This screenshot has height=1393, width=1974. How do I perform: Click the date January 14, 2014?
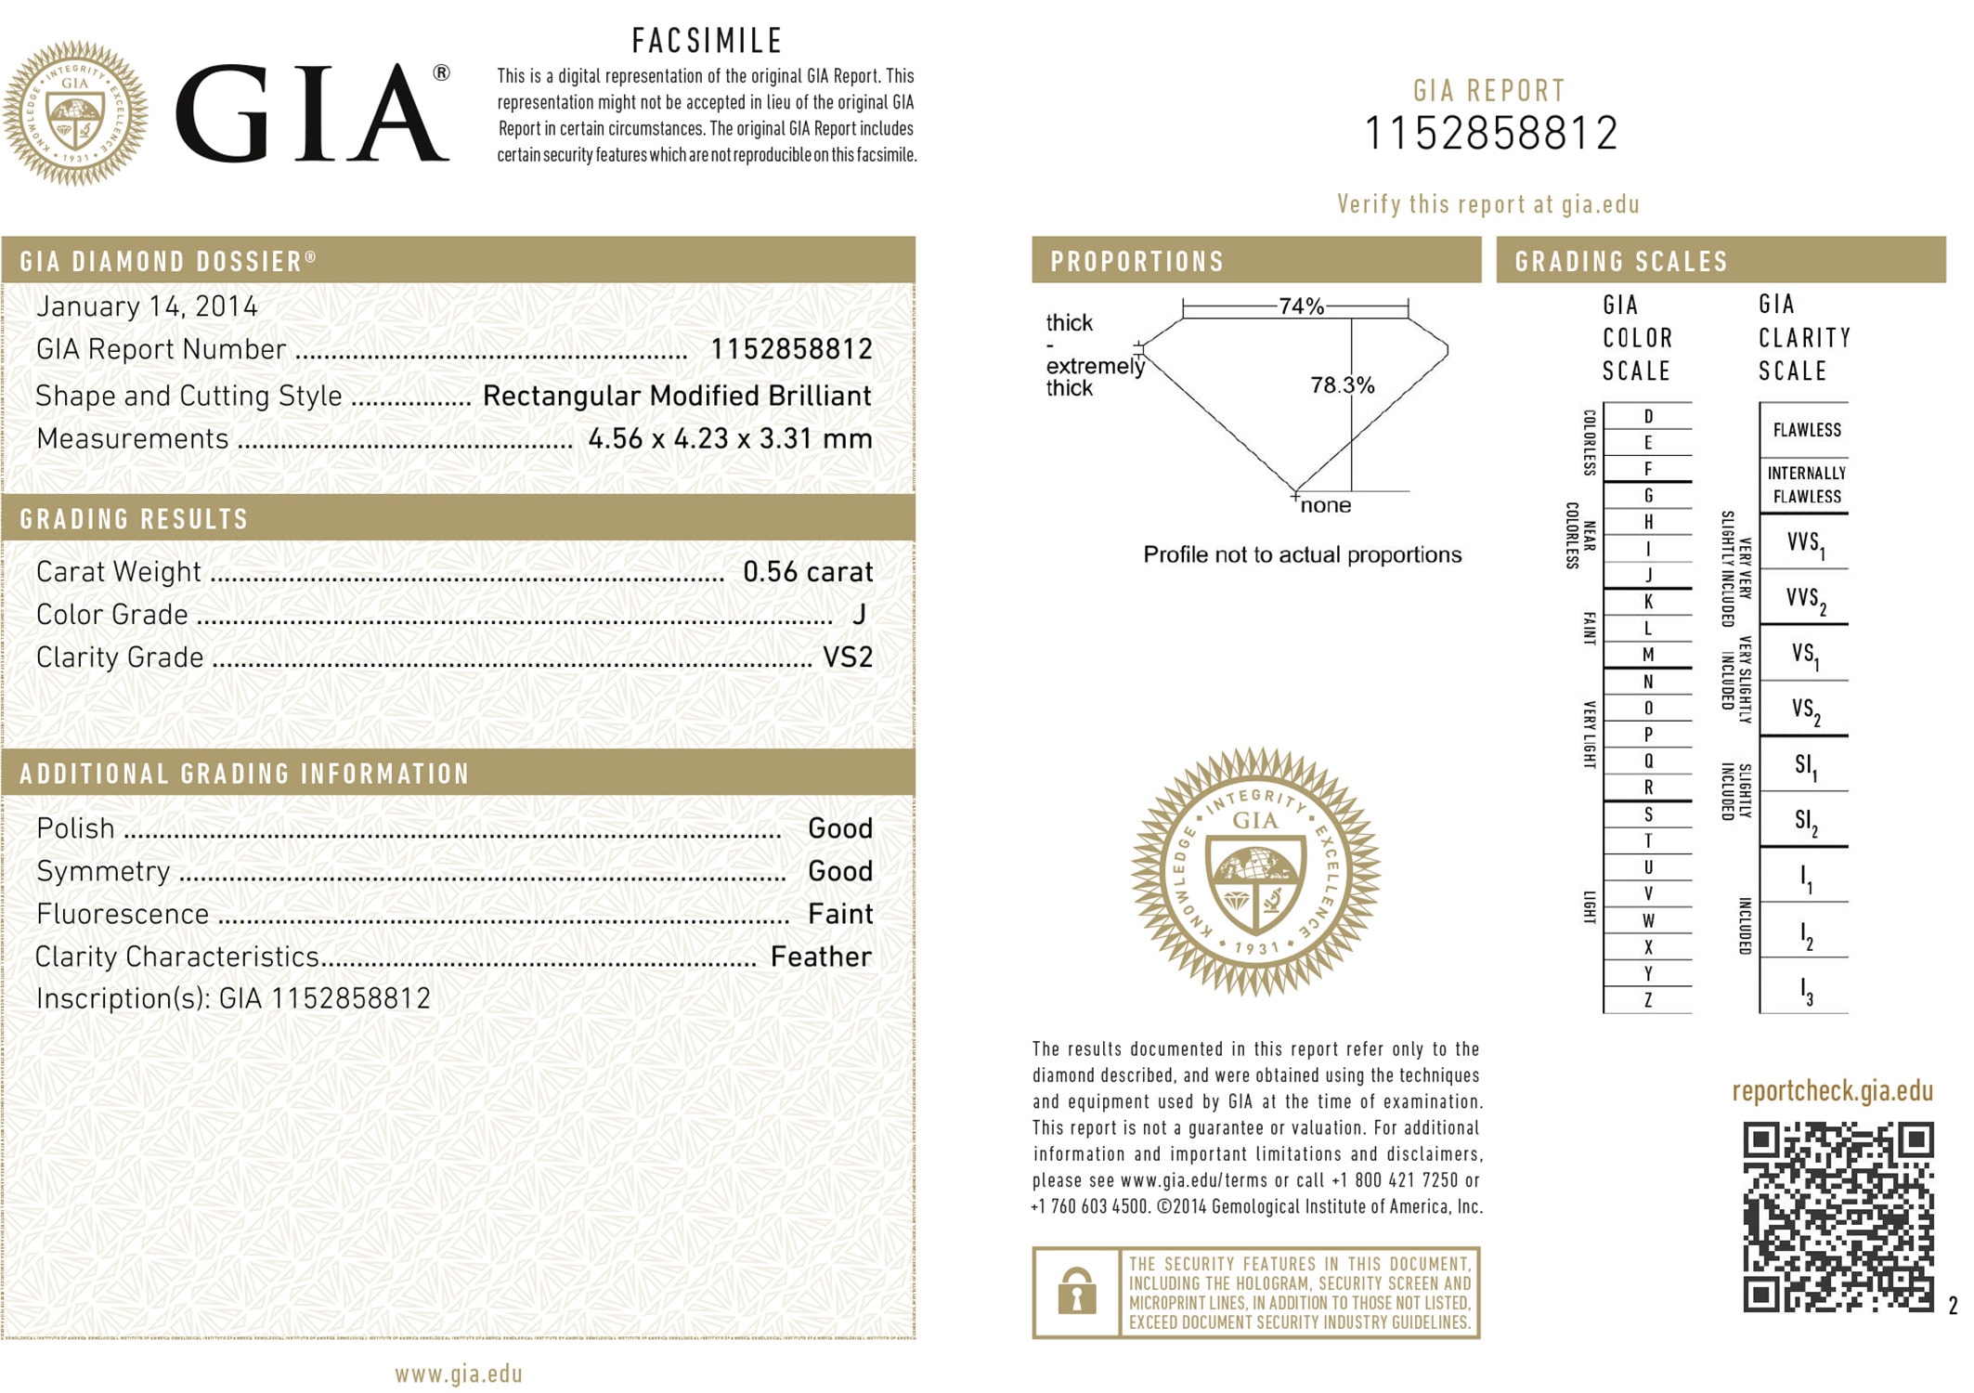tap(147, 306)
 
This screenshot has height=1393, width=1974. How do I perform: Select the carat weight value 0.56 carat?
tap(807, 571)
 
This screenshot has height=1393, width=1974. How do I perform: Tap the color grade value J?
tap(859, 614)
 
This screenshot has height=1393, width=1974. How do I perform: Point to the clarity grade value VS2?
tap(847, 657)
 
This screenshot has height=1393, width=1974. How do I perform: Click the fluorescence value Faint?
tap(839, 914)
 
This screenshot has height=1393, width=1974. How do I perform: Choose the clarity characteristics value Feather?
tap(820, 957)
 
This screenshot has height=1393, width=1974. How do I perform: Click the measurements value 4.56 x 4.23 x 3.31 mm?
tap(730, 438)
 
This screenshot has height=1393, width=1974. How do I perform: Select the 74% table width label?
tap(1300, 306)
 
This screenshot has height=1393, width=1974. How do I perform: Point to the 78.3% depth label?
tap(1342, 384)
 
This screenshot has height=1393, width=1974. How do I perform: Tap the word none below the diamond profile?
tap(1325, 505)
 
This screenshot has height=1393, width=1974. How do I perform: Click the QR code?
tap(1838, 1217)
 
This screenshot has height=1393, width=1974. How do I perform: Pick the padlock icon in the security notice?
tap(1076, 1292)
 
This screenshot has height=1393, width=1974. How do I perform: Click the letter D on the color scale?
tap(1648, 416)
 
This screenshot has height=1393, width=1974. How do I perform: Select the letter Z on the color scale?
tap(1648, 1000)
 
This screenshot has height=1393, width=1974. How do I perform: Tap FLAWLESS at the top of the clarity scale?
tap(1806, 430)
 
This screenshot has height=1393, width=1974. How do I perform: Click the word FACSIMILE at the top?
tap(708, 41)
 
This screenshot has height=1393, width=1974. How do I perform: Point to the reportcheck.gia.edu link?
tap(1832, 1091)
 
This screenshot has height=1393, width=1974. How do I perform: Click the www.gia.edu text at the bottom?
tap(459, 1373)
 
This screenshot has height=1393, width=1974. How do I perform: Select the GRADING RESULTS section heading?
tap(135, 519)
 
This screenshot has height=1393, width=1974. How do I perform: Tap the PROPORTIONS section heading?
tap(1137, 262)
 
